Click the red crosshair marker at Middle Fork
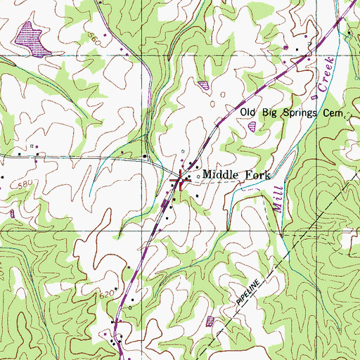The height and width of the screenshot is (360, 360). point(180,181)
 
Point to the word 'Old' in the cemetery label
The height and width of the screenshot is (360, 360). point(249,112)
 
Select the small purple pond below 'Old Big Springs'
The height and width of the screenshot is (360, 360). point(252,127)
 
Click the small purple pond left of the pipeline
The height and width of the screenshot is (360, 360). point(210,321)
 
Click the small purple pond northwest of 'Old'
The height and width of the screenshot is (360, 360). point(205,84)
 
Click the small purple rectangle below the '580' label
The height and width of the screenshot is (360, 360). point(12,212)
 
